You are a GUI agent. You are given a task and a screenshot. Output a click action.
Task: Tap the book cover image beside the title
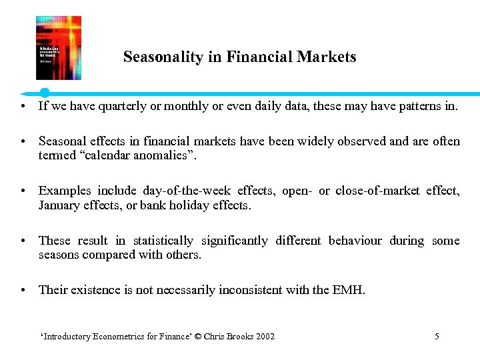point(58,48)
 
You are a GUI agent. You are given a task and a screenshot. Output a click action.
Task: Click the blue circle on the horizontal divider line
point(45,93)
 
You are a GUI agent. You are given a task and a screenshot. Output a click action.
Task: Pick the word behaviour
point(355,241)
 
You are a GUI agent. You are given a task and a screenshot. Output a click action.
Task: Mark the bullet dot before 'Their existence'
point(23,291)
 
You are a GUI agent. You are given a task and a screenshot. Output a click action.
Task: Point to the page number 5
point(437,337)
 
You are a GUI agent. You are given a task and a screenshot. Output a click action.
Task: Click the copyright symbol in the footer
point(198,337)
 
